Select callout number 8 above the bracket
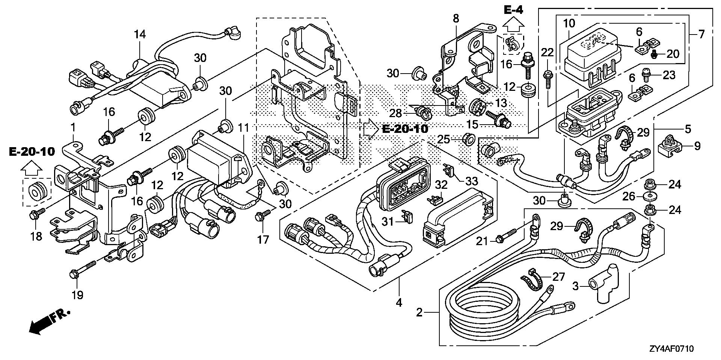click(x=456, y=18)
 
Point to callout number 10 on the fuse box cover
click(x=569, y=23)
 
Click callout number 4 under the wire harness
click(x=399, y=302)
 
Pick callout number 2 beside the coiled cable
click(x=420, y=312)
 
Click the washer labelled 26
click(x=650, y=196)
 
